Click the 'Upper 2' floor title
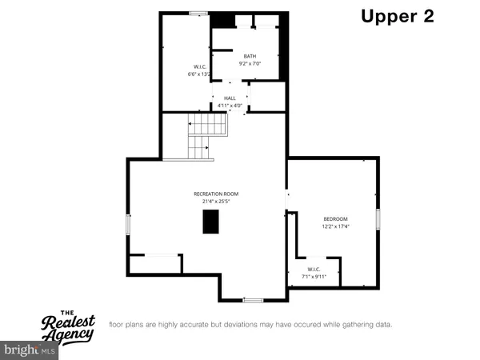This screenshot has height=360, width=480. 397,17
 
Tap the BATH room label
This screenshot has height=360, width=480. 250,56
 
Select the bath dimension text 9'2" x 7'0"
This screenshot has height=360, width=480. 250,63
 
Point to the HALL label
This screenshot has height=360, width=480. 230,98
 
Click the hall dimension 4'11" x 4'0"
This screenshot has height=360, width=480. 230,105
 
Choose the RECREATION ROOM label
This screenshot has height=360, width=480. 216,194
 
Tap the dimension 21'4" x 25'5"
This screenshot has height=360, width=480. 216,202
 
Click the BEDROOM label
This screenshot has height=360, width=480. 336,219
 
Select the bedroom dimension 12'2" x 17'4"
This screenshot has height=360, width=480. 336,226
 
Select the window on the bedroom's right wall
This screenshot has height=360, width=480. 380,219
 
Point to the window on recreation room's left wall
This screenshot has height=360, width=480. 127,224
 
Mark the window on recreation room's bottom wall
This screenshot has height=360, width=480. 253,300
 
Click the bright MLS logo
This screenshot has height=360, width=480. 30,350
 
